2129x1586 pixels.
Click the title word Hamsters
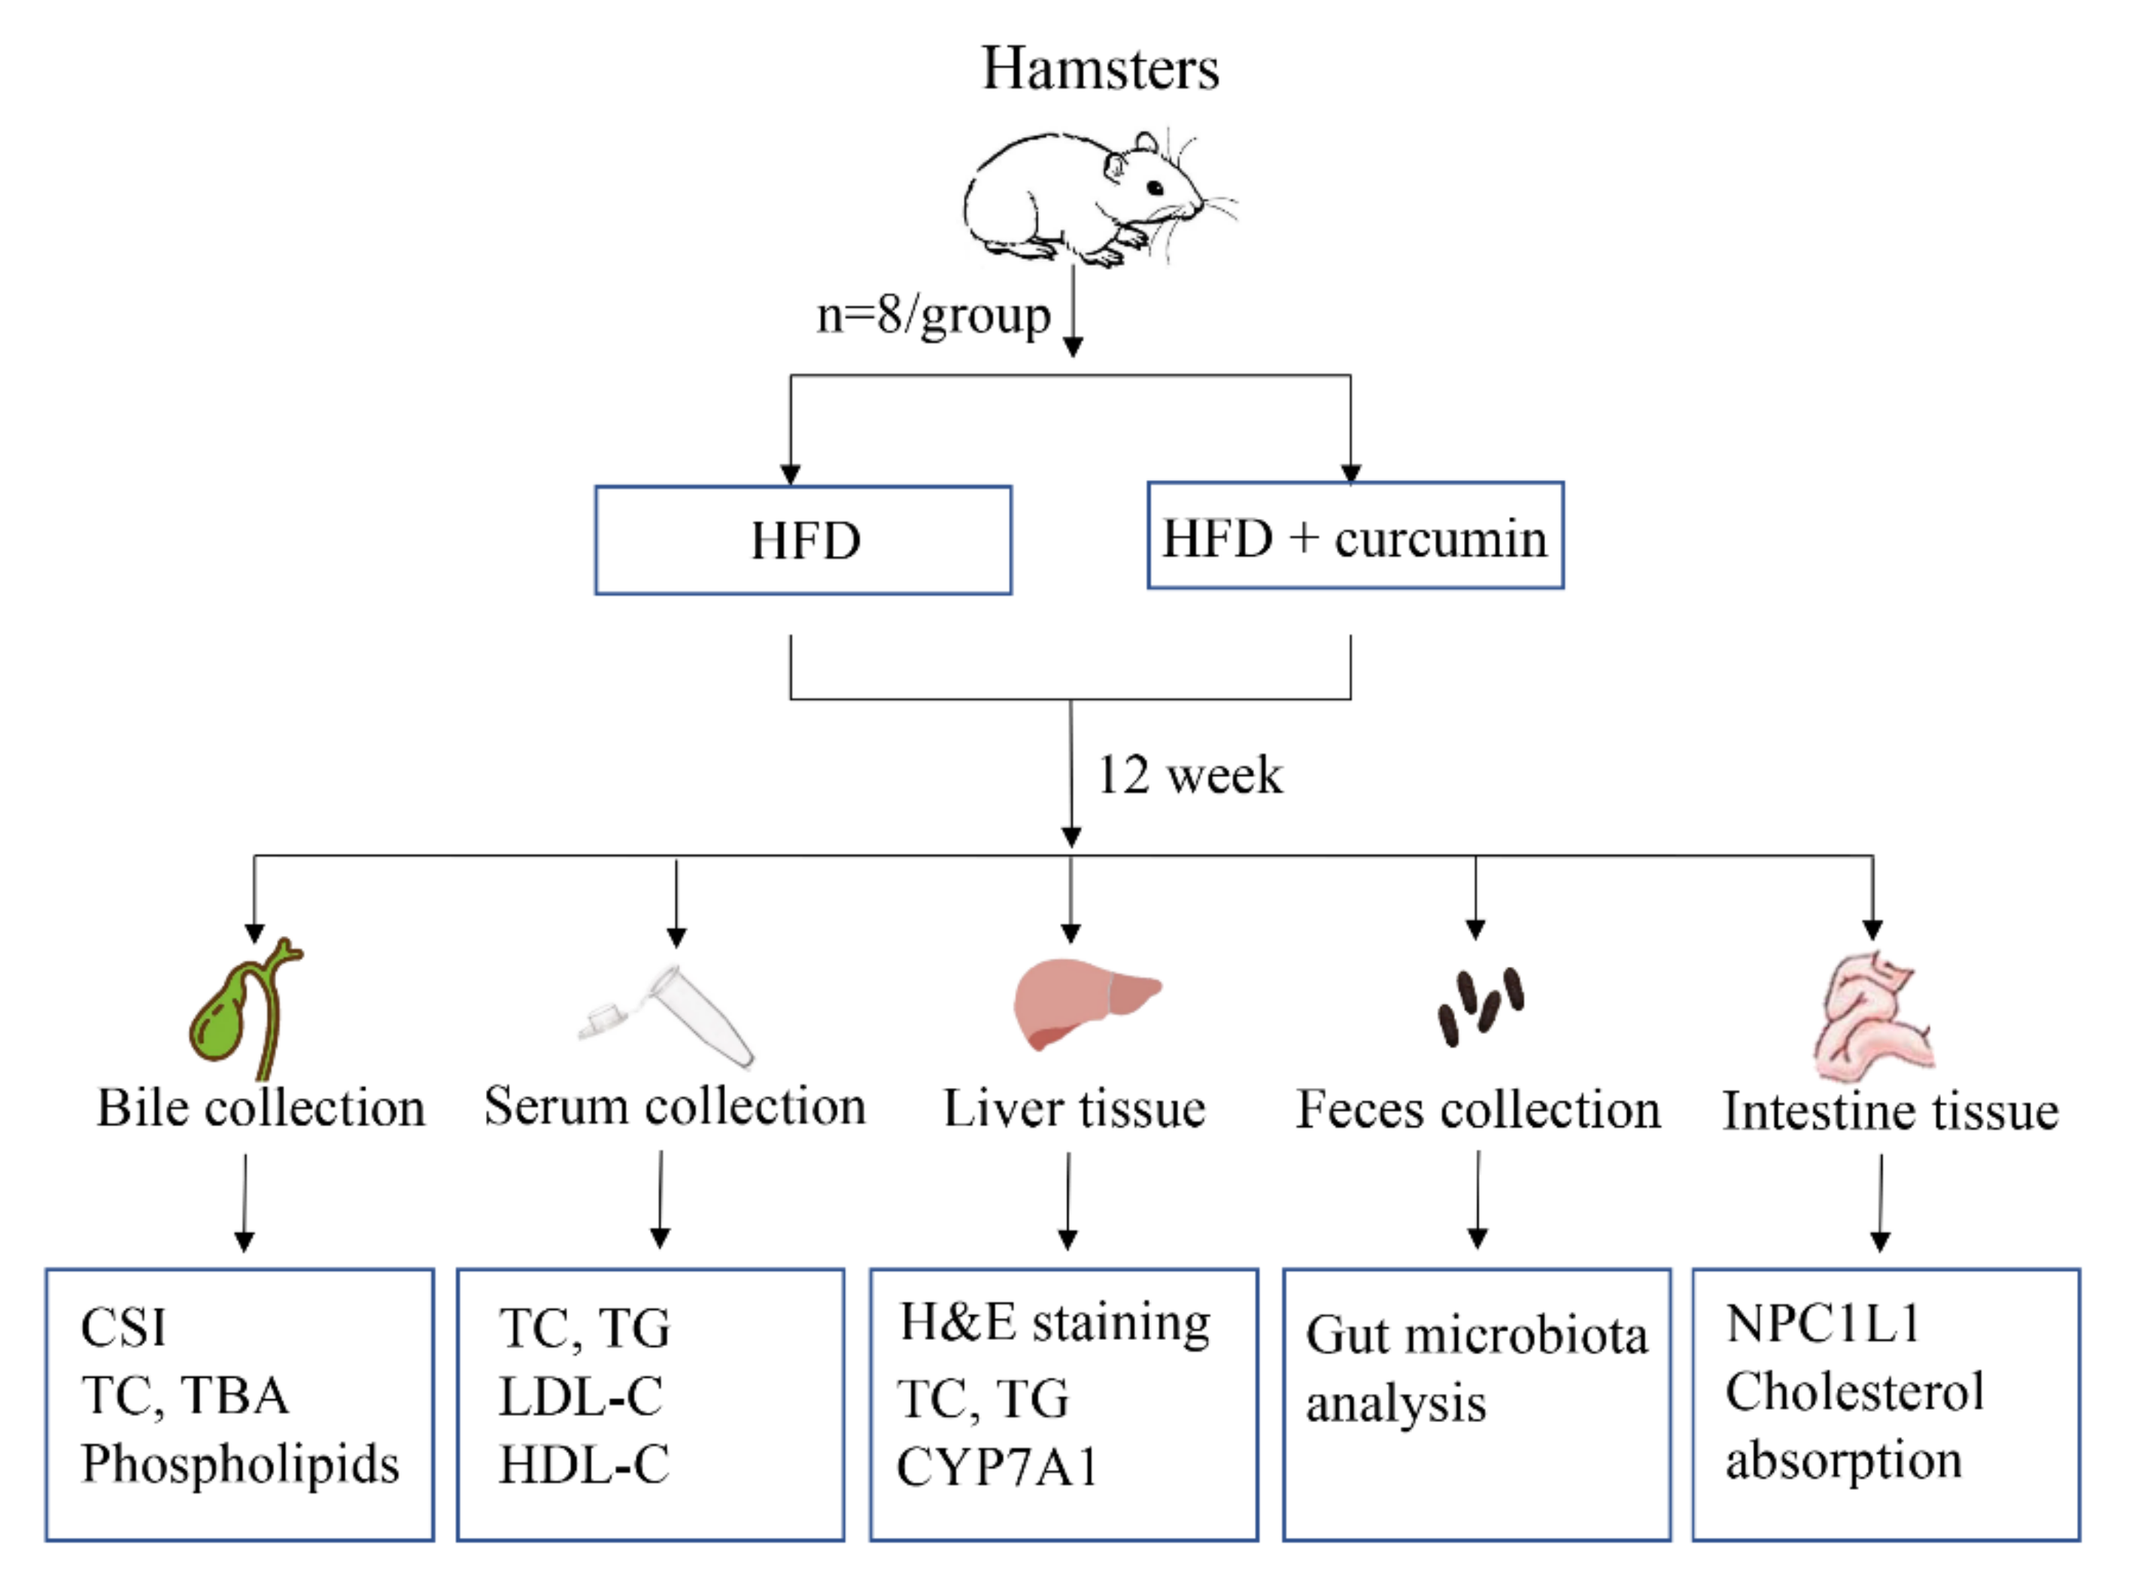[1099, 69]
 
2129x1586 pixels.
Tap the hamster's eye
[1156, 188]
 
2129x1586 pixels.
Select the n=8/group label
[933, 315]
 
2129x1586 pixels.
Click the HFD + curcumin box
[1354, 536]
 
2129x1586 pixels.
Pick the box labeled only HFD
[803, 540]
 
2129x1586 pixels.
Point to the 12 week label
[1189, 775]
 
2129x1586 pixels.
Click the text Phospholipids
[240, 1463]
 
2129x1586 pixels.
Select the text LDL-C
[581, 1396]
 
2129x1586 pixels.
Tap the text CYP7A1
[996, 1467]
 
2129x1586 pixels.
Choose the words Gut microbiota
[1475, 1335]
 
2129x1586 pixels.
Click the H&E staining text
[1054, 1322]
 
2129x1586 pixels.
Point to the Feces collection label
[1478, 1110]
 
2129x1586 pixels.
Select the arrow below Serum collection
[660, 1200]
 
